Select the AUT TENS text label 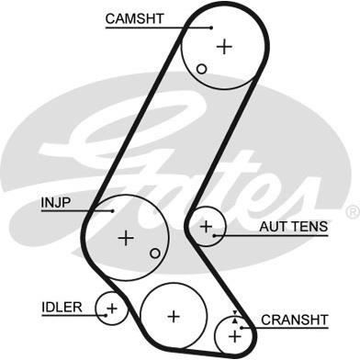287,225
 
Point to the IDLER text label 62,306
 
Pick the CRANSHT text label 294,320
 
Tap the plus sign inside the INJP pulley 126,237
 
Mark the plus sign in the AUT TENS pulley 207,225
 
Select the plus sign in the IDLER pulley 111,308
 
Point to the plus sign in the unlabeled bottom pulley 174,315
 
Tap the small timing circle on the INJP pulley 155,253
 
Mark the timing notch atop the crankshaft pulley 235,315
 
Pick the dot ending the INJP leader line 112,210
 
